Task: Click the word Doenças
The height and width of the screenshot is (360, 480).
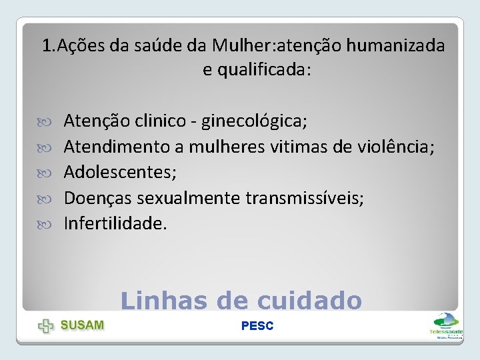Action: coord(97,198)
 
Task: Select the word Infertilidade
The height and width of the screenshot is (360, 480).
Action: coord(115,223)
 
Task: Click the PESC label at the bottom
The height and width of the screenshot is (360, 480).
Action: coord(257,326)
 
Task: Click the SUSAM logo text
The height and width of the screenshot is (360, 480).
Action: coord(83,325)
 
